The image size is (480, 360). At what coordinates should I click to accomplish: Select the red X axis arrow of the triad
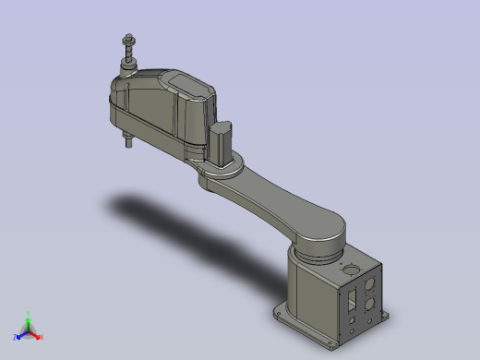[x=36, y=333]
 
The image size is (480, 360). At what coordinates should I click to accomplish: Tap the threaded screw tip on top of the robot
[x=126, y=40]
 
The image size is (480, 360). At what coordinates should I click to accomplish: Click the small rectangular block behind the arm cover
[x=222, y=143]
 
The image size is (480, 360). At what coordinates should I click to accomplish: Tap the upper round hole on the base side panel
[x=371, y=282]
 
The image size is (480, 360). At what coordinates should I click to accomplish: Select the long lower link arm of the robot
[x=277, y=198]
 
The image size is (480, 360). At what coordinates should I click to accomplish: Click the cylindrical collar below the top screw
[x=128, y=65]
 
